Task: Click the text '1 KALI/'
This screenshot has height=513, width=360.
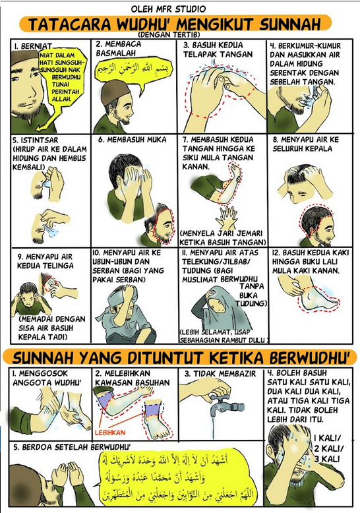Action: (328, 438)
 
